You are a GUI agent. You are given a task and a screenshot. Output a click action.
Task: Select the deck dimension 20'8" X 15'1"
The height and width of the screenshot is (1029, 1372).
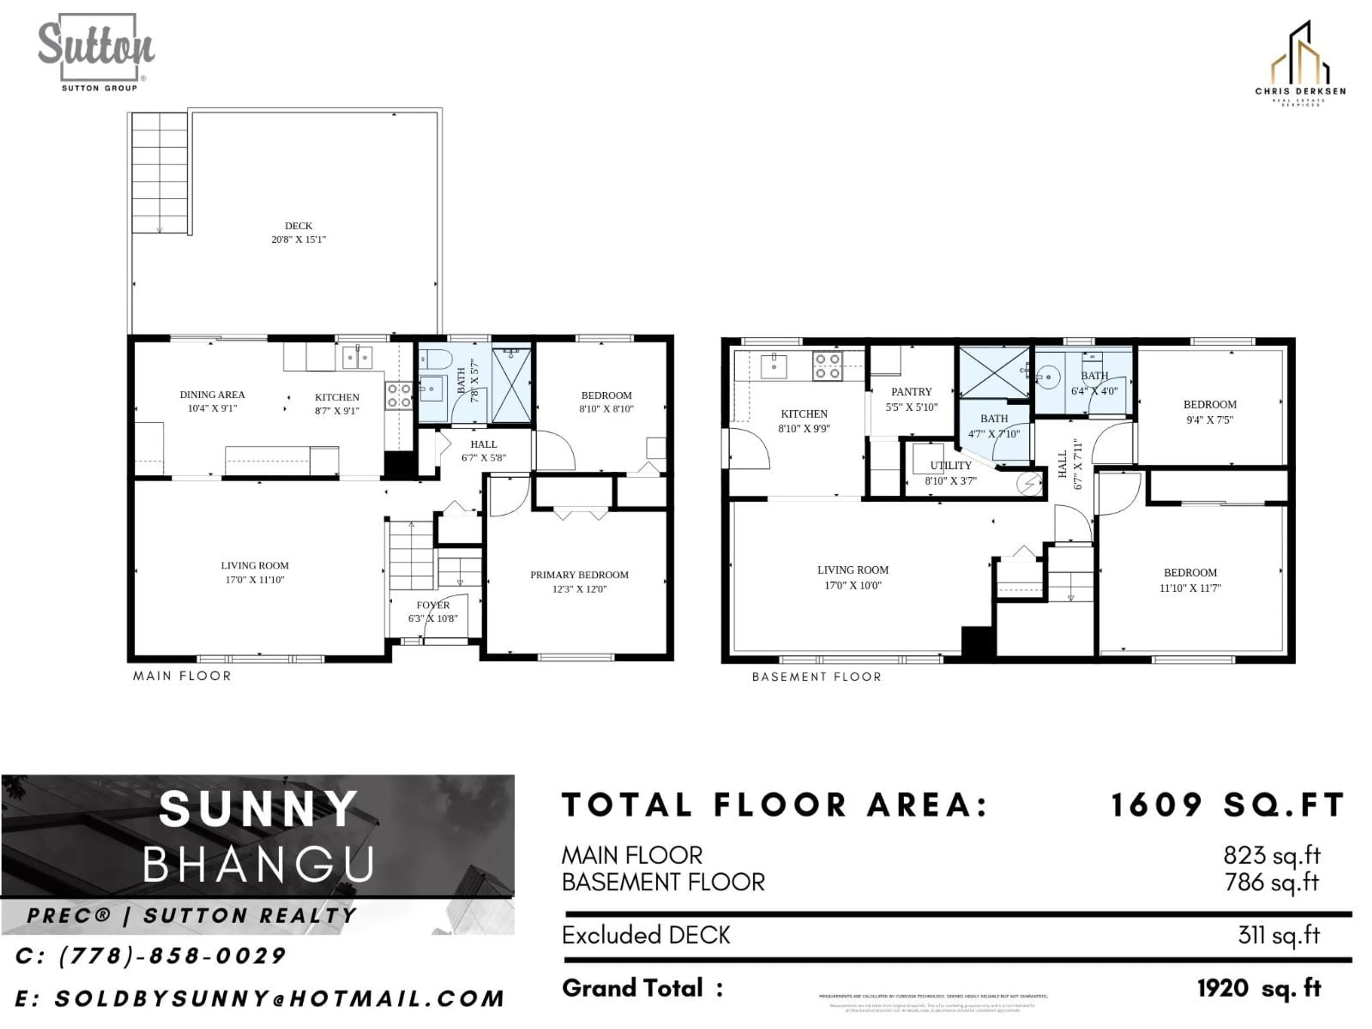pos(298,239)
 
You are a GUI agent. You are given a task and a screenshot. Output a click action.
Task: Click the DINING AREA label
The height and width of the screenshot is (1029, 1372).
pos(212,394)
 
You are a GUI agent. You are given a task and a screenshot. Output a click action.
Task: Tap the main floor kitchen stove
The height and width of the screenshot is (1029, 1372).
pos(398,396)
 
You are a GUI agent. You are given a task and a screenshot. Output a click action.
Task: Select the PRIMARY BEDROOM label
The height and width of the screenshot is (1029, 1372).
pos(579,575)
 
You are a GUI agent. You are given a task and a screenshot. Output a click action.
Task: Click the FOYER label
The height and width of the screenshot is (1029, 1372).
pos(433,605)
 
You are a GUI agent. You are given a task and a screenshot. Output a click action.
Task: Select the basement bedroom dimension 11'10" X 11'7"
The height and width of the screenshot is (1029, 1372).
pos(1190,588)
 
